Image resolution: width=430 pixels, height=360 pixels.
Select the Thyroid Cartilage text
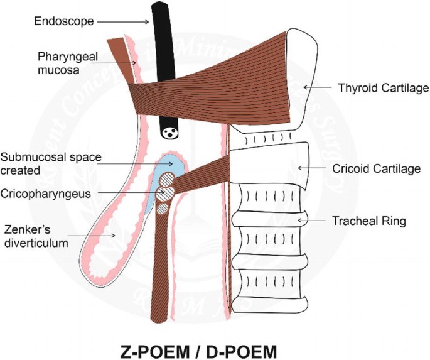click(383, 88)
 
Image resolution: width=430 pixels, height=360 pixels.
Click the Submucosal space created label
click(51, 163)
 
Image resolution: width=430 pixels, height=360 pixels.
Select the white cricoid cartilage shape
click(276, 163)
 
